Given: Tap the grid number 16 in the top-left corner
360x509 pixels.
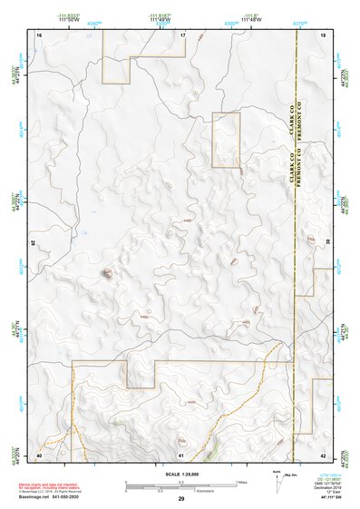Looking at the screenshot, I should click(x=39, y=34).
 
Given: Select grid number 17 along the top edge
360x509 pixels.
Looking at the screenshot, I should click(x=181, y=34).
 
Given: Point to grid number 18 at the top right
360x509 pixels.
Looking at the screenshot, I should click(x=323, y=34).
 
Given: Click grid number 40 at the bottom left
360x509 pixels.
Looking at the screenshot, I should click(x=39, y=455).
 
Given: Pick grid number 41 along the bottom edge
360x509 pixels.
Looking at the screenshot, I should click(x=181, y=455).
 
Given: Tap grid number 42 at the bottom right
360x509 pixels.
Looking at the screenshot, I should click(x=323, y=455).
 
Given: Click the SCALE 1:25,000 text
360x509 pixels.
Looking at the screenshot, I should click(x=180, y=474).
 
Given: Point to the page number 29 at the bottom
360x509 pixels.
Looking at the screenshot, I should click(x=180, y=499).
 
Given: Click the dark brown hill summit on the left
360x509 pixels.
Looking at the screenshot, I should click(x=107, y=273).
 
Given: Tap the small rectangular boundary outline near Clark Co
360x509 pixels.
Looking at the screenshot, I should click(x=226, y=140).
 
